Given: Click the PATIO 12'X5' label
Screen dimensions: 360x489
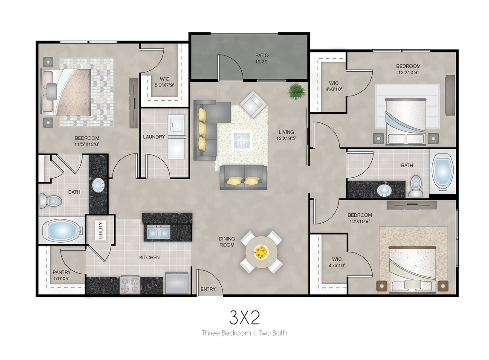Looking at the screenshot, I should pos(262,58).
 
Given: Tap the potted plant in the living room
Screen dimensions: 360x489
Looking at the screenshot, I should pos(296,91).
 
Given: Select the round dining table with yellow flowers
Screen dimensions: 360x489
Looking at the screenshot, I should pos(261,252).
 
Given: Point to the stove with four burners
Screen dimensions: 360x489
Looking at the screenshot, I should pos(130,285).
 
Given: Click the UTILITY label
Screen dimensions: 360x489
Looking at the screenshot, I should pos(101,231).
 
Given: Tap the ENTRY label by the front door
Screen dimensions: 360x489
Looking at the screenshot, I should pos(208,290).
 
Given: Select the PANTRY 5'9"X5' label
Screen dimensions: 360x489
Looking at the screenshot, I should pos(61,276).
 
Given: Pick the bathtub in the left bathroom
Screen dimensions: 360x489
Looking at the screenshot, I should pos(62,230).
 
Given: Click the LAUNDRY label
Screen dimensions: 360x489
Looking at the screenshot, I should pos(154,137).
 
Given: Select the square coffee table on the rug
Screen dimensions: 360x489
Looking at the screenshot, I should pos(242,139).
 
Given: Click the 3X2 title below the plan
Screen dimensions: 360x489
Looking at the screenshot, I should pos(244,317).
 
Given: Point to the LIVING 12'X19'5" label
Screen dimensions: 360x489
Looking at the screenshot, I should pos(286,135).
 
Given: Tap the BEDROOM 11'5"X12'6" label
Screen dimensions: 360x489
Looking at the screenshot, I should pos(87,141).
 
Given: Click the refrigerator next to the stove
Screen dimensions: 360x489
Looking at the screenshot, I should pos(177,283).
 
